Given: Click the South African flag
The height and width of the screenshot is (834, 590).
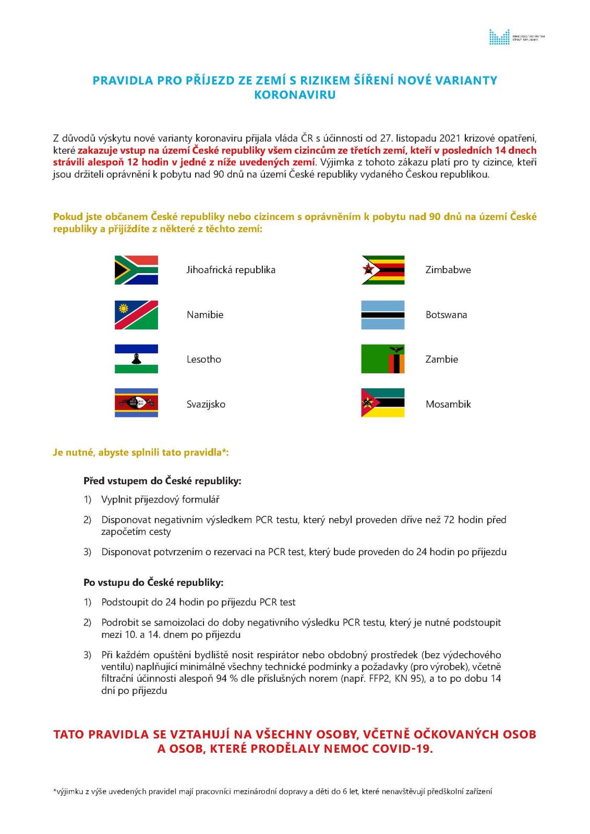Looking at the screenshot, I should coord(136,270).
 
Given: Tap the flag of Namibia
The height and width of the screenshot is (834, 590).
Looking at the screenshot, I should coord(136,315).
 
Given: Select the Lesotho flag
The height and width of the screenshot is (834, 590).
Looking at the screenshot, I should coord(136,359).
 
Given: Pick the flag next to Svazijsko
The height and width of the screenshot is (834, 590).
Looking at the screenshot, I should coord(136,403).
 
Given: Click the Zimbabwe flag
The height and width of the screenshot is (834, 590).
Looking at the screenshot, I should coord(383,270).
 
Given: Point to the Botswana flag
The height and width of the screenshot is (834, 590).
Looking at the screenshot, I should coord(383,315).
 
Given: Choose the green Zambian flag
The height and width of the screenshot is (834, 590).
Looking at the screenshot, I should coord(383,359).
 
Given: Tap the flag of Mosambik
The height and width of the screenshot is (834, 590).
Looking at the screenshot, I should coord(383,403).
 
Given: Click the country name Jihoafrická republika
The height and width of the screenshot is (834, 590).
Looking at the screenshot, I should coord(231,270).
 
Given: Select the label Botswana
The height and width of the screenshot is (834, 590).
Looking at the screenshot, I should coord(446,315).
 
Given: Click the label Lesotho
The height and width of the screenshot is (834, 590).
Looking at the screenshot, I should coord(203,359).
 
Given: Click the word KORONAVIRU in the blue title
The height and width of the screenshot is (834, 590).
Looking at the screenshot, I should coord(295,95).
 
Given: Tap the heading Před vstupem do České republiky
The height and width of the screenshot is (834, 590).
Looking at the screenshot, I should coord(162,481).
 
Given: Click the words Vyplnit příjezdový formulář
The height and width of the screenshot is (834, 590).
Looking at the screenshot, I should coord(160,499).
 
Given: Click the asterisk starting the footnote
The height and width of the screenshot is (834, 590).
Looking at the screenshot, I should coord(55,791).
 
